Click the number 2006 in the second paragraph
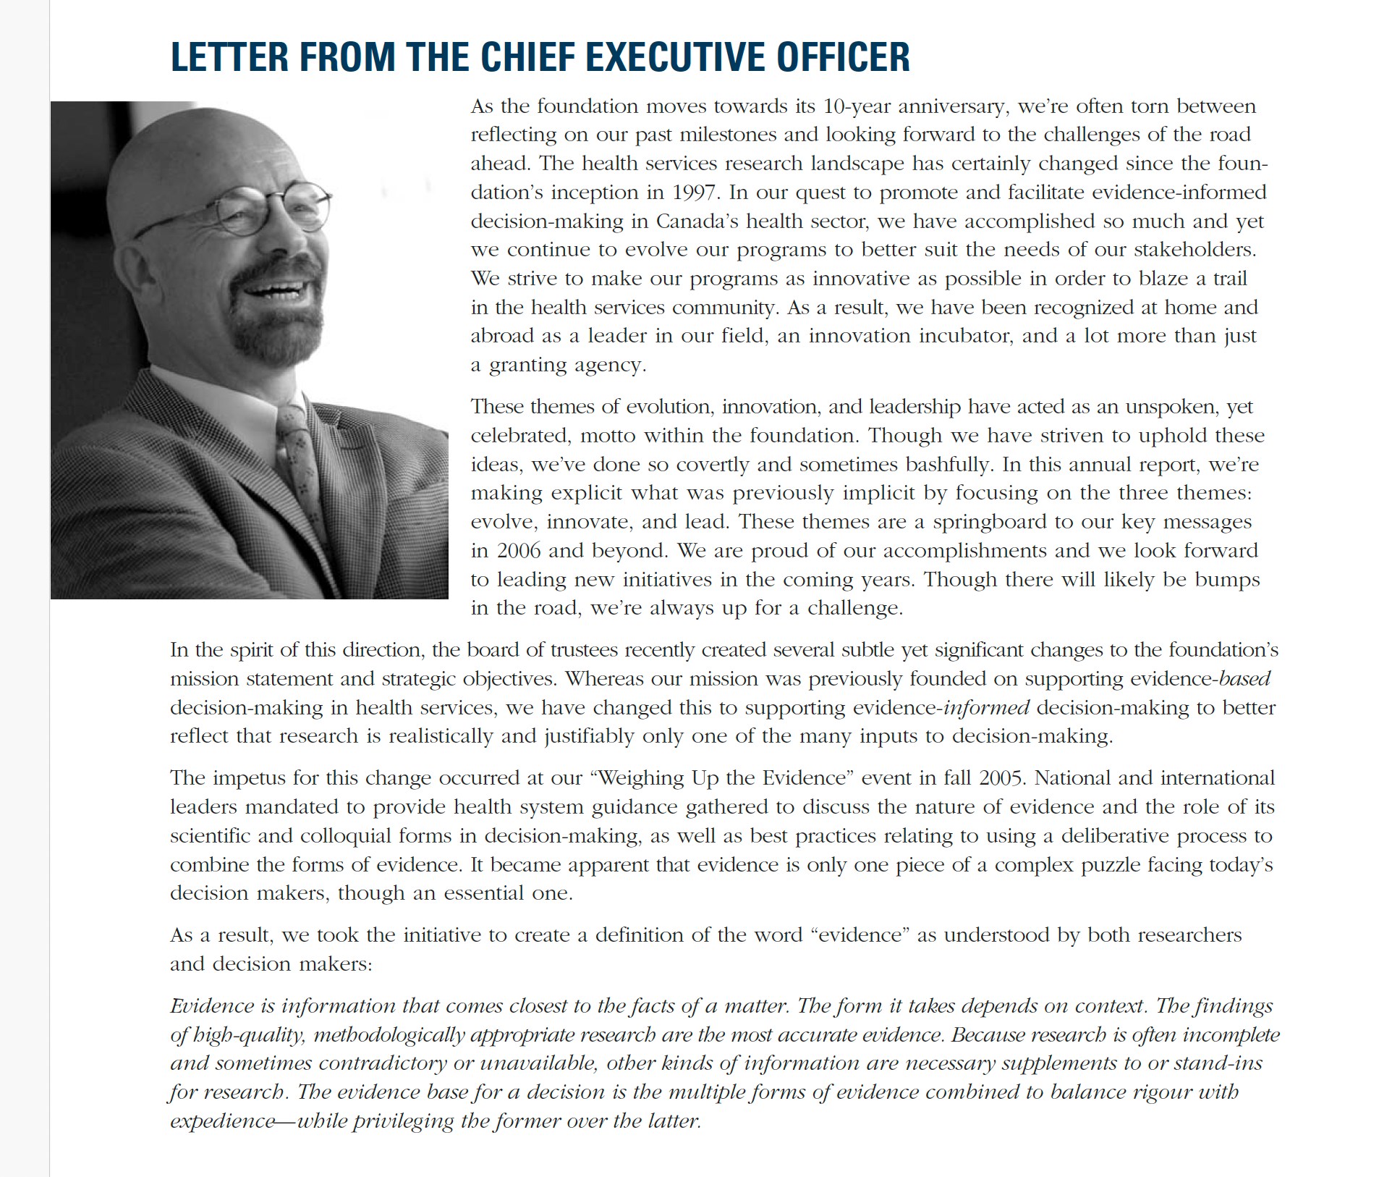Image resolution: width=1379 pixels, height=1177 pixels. [519, 551]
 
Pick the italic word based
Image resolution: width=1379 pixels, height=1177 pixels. [1244, 679]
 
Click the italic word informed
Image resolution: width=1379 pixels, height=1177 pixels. [986, 708]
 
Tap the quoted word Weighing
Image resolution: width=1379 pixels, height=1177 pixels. [641, 778]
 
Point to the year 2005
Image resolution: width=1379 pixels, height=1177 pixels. [1001, 778]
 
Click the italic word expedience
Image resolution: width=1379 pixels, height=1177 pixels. [222, 1122]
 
